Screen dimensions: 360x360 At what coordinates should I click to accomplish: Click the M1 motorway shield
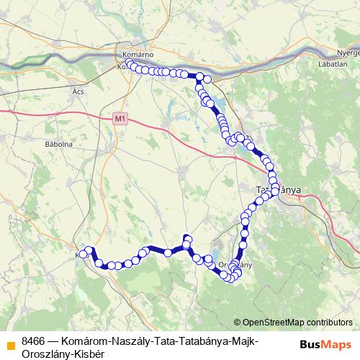coord(120,119)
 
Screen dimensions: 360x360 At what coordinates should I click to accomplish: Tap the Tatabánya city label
coord(279,190)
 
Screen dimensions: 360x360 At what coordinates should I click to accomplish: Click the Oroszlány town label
coord(233,265)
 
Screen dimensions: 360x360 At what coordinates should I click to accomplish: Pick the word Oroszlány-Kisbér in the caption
coord(63,354)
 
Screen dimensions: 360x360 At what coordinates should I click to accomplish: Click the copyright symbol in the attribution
coord(238,322)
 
